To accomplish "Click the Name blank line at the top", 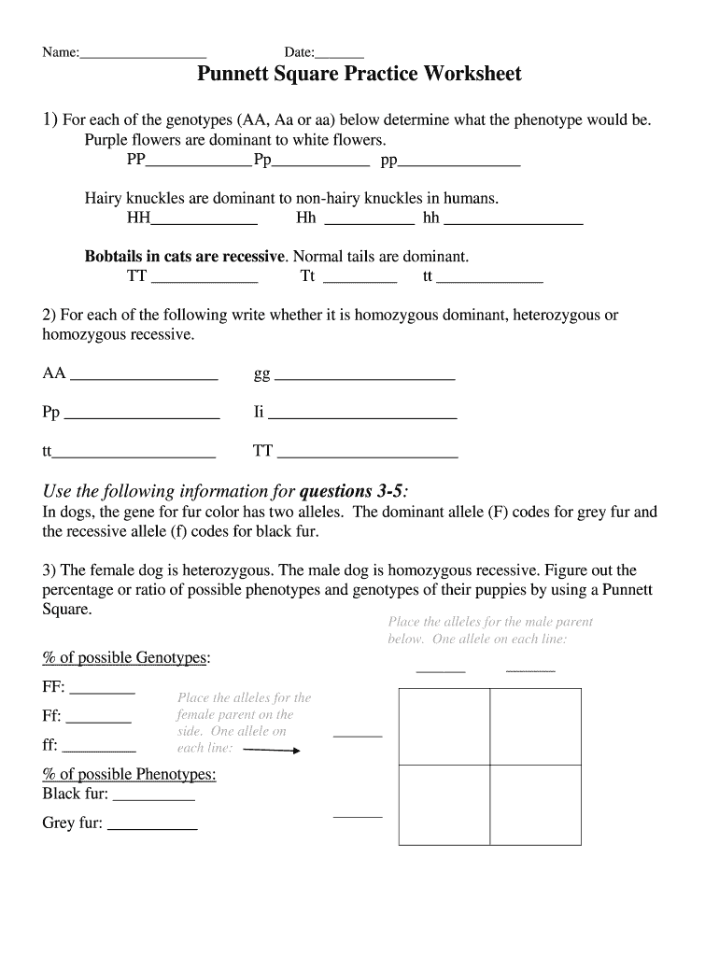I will coord(142,55).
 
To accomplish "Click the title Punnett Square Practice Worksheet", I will coord(359,75).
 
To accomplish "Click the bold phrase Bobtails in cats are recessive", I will coord(185,256).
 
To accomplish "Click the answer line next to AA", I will coord(144,378).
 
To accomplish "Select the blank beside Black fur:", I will coord(153,799).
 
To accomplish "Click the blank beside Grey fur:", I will coord(152,828).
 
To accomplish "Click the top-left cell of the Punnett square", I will coord(444,726).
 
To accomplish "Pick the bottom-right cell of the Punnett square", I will coord(536,804).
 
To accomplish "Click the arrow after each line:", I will coord(271,750).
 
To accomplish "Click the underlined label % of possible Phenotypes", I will coord(129,774).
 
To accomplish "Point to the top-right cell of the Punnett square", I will coord(536,726).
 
